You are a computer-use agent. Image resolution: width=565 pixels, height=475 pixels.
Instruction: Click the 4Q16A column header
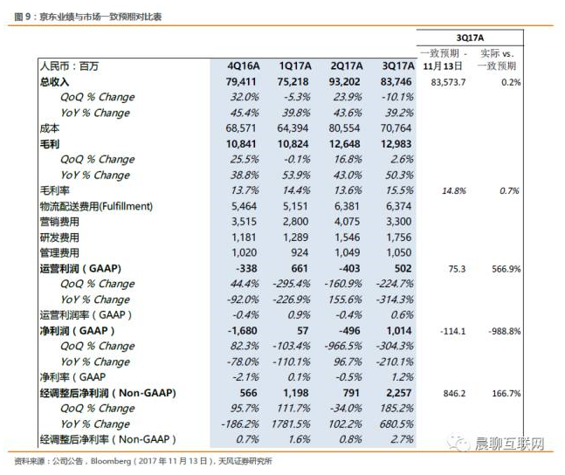coord(244,66)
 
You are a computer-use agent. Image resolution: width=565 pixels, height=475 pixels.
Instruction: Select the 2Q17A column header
coord(347,66)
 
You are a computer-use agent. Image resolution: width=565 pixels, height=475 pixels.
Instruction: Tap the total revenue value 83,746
coord(396,82)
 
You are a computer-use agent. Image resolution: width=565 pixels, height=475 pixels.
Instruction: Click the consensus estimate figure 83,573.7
coord(448,82)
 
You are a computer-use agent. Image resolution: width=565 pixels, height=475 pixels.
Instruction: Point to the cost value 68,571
coord(241,128)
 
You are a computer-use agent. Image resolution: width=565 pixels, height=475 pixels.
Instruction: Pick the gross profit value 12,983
coord(396,144)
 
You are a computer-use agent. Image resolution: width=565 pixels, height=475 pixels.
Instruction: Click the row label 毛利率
coord(54,190)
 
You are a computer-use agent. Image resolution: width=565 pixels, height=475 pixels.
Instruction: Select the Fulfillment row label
coord(96,206)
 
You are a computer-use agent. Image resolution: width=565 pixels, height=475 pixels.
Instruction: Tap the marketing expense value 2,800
coord(295,221)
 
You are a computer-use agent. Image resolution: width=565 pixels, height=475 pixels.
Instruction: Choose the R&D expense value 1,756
coord(398,237)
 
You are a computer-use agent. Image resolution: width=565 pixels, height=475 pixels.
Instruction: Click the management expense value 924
coord(300,252)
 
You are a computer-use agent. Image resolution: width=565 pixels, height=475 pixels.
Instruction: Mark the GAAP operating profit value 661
coord(300,268)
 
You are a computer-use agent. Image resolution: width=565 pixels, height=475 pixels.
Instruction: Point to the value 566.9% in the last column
coord(506,269)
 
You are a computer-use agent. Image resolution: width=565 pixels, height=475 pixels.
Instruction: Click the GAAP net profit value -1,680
coord(242,331)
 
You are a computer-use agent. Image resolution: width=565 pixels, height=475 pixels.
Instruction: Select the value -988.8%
coord(505,331)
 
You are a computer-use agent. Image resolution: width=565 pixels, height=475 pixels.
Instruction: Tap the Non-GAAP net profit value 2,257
coord(398,393)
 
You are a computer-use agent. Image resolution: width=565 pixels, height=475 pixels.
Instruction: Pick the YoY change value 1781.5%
coord(291,423)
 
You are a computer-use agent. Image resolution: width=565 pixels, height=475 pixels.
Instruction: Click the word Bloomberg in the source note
coord(111,461)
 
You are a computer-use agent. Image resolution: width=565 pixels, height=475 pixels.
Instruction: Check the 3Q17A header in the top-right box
coord(470,38)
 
